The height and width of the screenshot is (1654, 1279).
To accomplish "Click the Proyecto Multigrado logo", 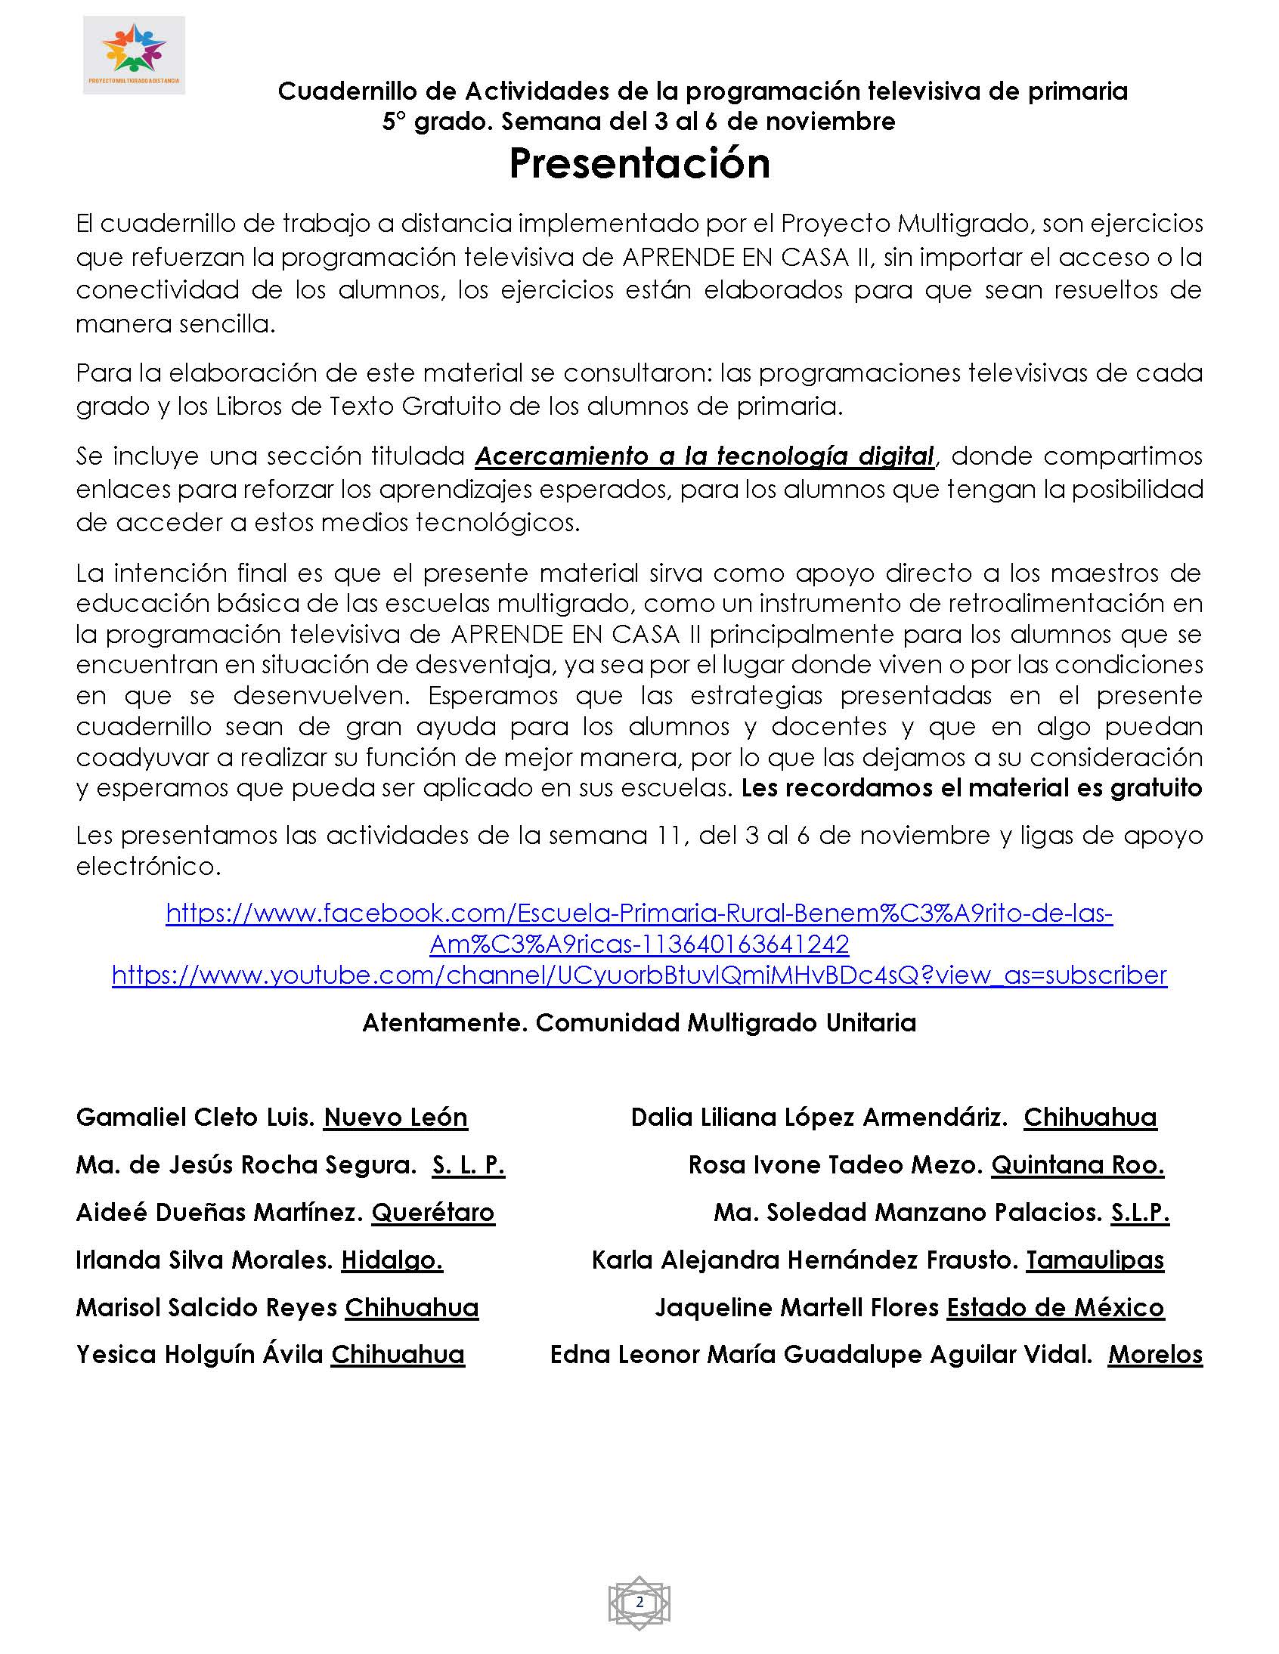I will [134, 55].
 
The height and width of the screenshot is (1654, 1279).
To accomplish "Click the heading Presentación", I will [639, 162].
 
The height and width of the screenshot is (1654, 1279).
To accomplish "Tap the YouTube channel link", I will [639, 975].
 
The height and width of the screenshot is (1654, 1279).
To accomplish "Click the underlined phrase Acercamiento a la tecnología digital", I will [705, 456].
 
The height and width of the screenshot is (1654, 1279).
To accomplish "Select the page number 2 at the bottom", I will [639, 1602].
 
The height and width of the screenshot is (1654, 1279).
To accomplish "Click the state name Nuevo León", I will [395, 1117].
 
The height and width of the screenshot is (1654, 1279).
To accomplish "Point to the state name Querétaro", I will [432, 1213].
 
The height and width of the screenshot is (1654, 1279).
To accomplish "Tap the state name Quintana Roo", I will [1077, 1165].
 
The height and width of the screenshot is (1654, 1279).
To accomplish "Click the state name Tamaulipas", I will [1095, 1260].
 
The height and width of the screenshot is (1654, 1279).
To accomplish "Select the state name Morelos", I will [1155, 1355].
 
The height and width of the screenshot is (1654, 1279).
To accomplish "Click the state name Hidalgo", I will [392, 1260].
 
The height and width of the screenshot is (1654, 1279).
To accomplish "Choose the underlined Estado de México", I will [1055, 1308].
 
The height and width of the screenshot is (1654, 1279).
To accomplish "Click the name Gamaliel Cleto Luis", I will [196, 1117].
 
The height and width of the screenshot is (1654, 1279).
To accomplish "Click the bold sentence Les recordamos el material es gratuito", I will [971, 788].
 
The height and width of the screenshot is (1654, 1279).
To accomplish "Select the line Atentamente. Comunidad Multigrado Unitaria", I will [639, 1023].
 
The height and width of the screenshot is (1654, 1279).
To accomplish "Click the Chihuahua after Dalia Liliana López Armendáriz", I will [1090, 1117].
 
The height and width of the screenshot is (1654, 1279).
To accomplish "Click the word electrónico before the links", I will [148, 867].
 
